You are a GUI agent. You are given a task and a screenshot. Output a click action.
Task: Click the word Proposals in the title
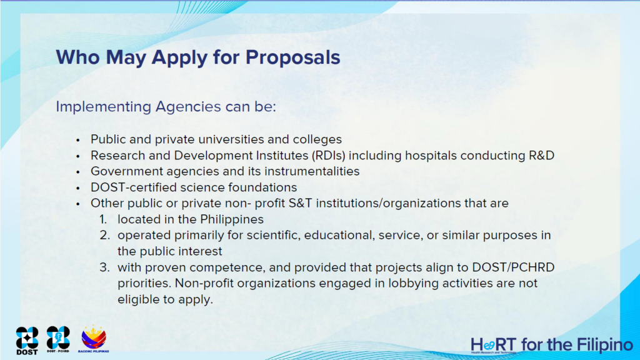pyautogui.click(x=292, y=57)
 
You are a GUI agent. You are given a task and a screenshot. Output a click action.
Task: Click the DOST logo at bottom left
pyautogui.click(x=27, y=341)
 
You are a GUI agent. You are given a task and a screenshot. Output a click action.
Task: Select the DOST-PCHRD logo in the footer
pyautogui.click(x=58, y=339)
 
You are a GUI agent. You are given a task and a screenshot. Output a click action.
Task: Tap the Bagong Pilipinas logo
pyautogui.click(x=94, y=339)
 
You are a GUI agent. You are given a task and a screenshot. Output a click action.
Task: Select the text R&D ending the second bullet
pyautogui.click(x=542, y=156)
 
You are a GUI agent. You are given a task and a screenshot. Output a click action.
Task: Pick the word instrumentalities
pyautogui.click(x=312, y=171)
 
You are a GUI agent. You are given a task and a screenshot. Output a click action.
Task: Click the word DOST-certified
pyautogui.click(x=134, y=187)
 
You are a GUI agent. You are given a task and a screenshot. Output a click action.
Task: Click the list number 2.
pyautogui.click(x=105, y=236)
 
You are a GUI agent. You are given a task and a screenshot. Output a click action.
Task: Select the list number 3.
pyautogui.click(x=105, y=267)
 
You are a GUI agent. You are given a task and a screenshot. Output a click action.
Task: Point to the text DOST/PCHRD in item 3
pyautogui.click(x=513, y=267)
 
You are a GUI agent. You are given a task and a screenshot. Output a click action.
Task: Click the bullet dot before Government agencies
pyautogui.click(x=78, y=172)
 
